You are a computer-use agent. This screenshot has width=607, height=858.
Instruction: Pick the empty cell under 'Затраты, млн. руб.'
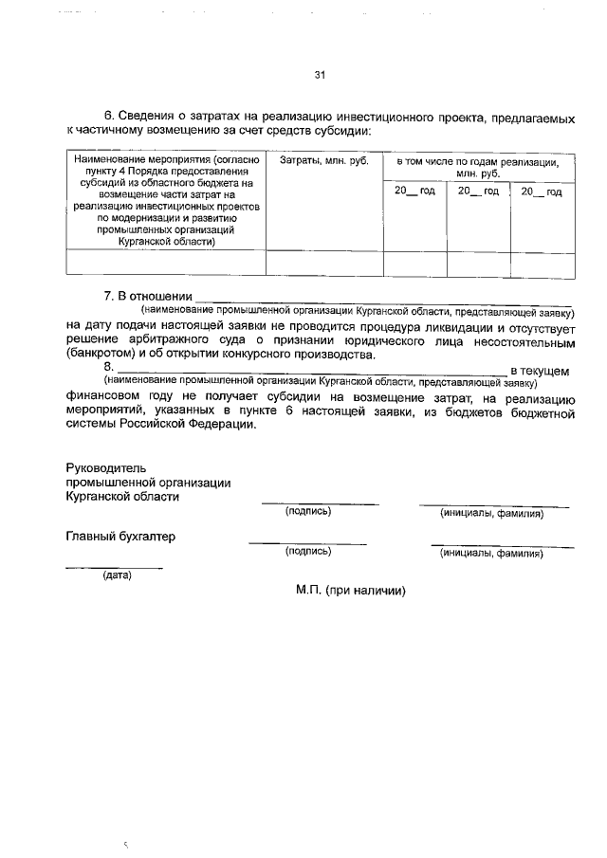[323, 263]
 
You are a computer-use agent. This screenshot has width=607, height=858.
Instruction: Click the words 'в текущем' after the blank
[540, 369]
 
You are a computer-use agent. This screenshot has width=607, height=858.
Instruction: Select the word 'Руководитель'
[104, 468]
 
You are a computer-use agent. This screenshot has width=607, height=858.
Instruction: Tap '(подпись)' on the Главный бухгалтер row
[308, 551]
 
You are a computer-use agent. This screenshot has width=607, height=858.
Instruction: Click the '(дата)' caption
[117, 574]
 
